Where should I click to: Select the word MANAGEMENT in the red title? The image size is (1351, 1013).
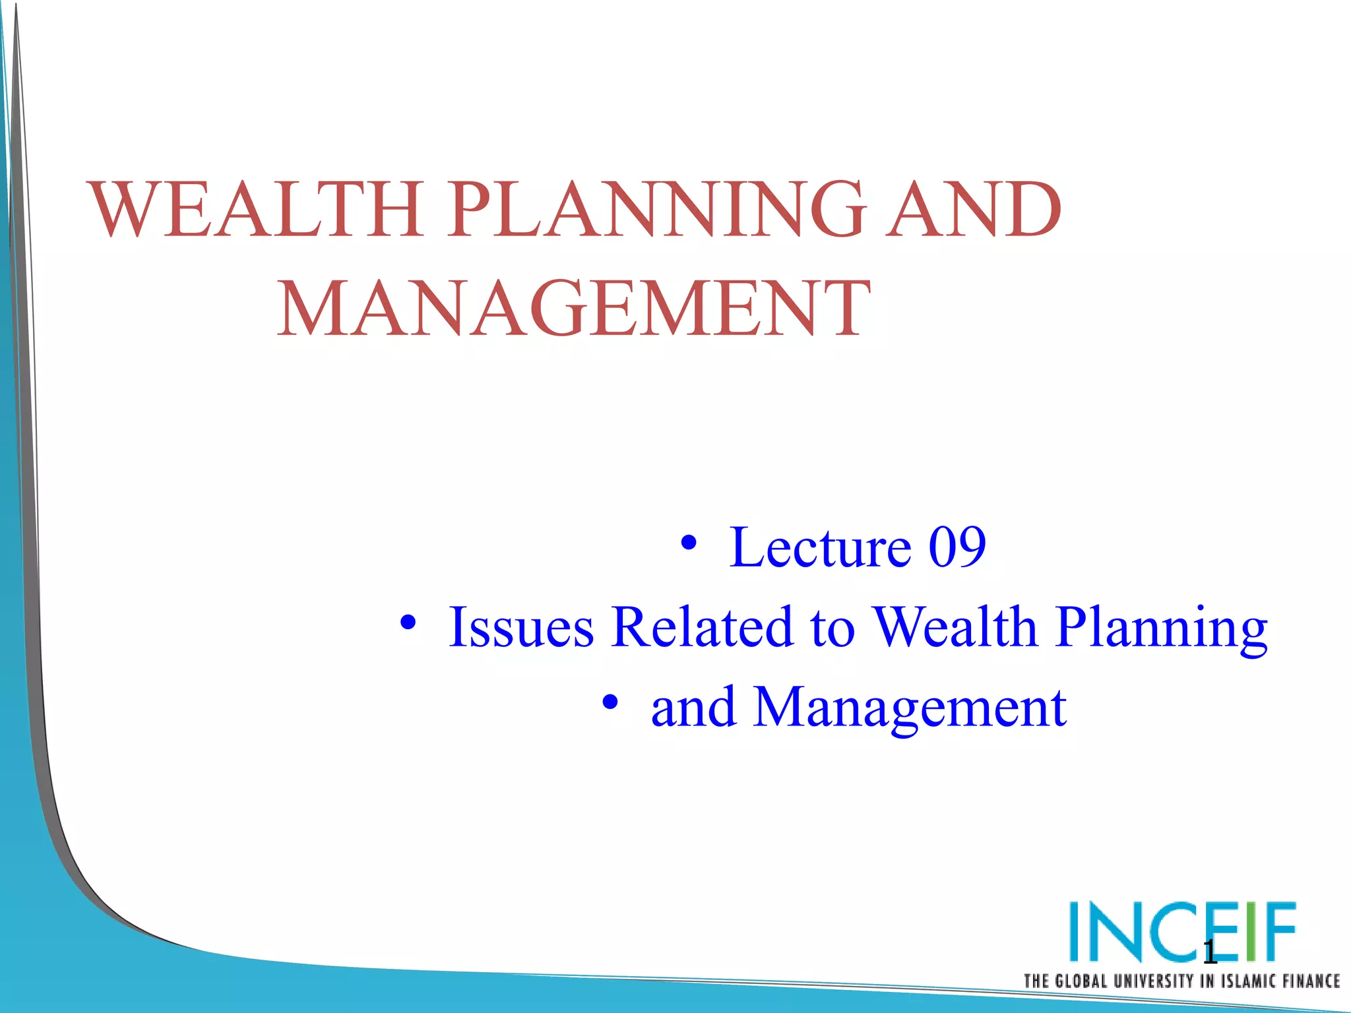point(573,309)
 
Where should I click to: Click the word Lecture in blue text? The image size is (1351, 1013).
point(821,547)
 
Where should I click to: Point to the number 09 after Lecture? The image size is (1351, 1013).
point(957,547)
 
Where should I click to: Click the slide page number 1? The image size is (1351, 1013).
point(1209,952)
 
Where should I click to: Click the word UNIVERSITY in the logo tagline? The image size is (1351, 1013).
point(1153,981)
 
